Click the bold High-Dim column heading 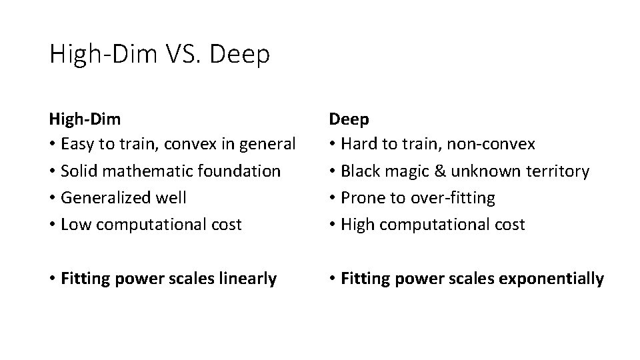tap(85, 119)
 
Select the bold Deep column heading tap(349, 119)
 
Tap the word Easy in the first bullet tap(76, 143)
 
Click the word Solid tap(77, 171)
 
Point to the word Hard tap(357, 143)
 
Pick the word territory tap(556, 171)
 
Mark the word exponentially tap(557, 279)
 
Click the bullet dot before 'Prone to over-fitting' tap(333, 198)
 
